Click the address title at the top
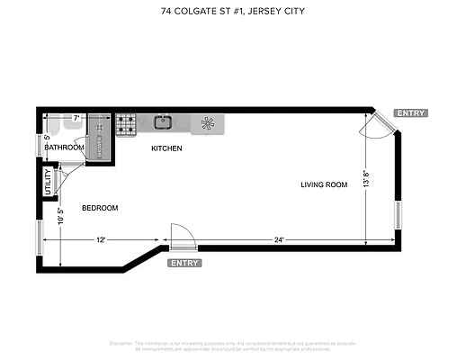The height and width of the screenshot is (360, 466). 233,11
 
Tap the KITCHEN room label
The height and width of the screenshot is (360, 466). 166,148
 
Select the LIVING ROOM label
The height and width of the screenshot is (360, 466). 324,184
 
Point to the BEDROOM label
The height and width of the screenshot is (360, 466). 100,208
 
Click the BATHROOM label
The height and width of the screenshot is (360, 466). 65,148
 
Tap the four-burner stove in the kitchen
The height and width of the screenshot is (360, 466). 125,122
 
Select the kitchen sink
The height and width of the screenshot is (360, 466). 164,121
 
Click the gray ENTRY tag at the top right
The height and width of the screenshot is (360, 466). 410,113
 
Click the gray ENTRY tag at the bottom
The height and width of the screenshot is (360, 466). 184,263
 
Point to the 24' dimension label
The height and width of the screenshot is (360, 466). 280,239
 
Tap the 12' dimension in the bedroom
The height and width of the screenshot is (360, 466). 102,239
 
